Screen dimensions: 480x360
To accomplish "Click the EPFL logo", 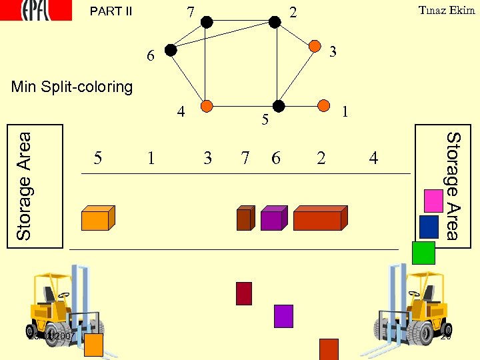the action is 36,10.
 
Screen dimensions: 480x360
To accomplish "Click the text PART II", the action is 111,11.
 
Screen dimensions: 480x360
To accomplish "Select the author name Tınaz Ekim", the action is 446,10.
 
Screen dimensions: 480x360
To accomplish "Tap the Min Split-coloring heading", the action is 72,87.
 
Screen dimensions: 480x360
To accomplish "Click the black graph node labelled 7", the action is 207,22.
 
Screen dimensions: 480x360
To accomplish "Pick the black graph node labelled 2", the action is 275,21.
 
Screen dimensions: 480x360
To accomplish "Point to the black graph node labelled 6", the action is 171,49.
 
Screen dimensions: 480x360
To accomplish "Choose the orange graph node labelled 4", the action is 207,105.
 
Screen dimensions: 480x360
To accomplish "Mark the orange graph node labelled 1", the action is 324,105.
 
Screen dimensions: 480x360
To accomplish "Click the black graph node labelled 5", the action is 279,105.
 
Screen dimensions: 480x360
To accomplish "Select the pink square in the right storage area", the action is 433,201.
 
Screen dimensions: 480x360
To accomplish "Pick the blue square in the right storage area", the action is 429,227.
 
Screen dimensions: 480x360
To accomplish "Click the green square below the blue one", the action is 423,253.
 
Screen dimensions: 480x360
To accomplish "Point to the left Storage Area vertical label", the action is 24,186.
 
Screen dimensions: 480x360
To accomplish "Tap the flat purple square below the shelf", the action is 283,316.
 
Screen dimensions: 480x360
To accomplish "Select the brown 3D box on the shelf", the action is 245,219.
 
